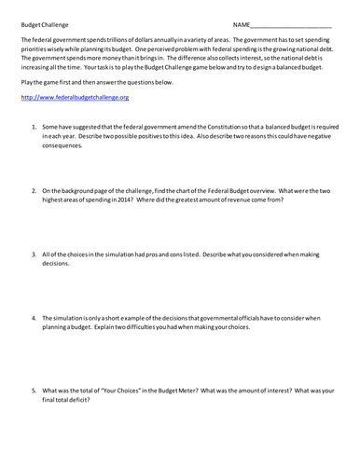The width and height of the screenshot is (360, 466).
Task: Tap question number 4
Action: pyautogui.click(x=34, y=318)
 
